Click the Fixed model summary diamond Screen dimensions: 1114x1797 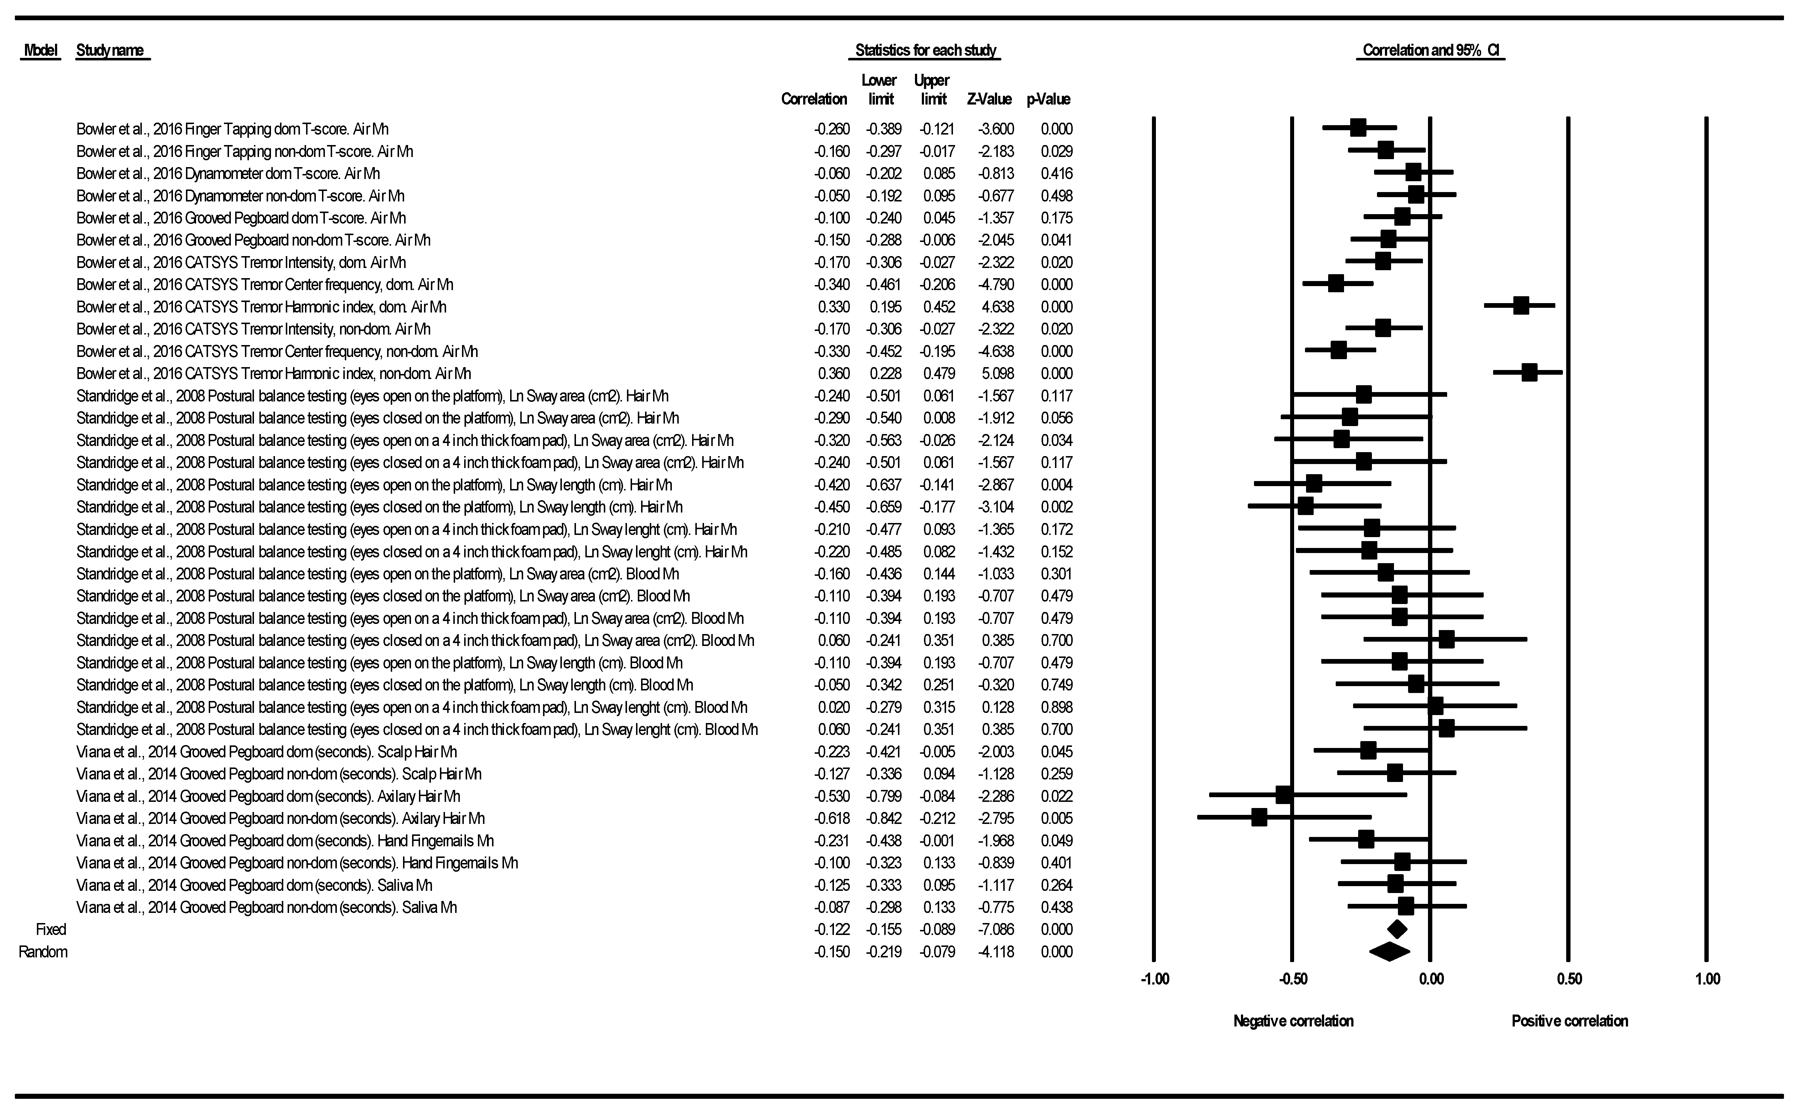1397,929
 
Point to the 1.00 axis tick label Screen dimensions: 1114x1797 1707,979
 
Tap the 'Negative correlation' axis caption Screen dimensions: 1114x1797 1293,1021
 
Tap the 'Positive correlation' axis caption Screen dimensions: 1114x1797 1569,1021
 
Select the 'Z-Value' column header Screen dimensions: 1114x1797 989,99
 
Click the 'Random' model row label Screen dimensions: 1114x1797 43,952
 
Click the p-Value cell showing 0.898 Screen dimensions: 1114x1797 1056,707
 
